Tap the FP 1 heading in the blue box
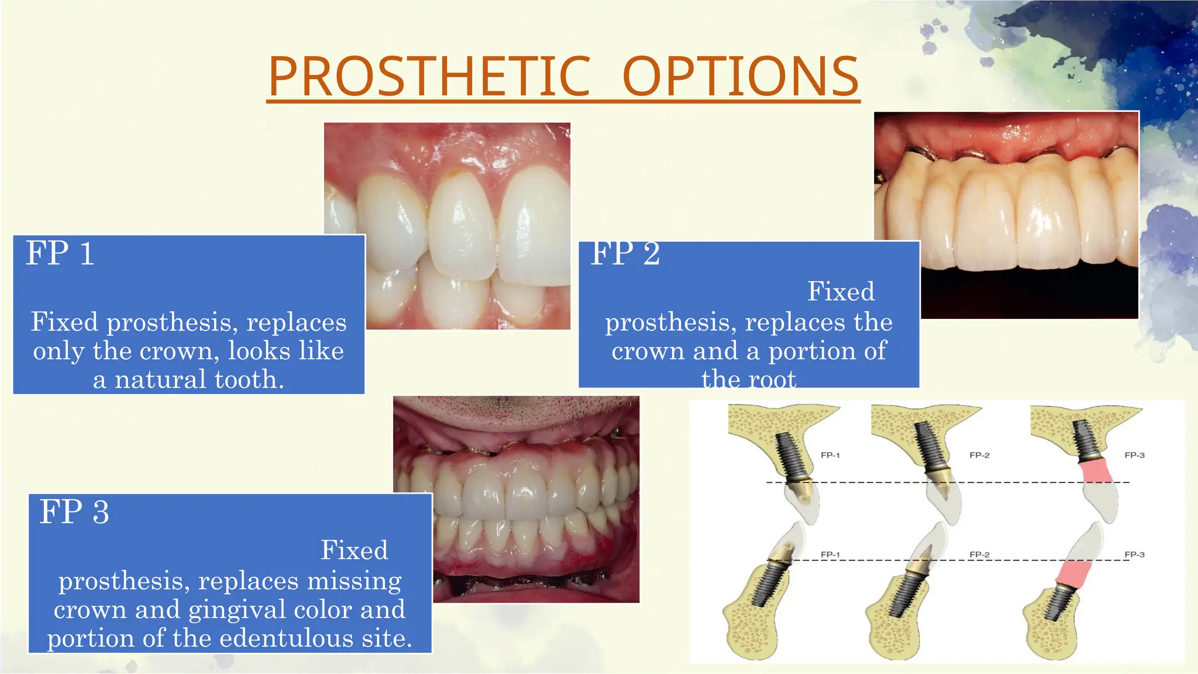(x=60, y=254)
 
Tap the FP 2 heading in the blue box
(x=625, y=255)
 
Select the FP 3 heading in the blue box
(x=74, y=512)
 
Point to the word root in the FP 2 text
(x=771, y=380)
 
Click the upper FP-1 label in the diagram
(x=830, y=455)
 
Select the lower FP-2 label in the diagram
(x=979, y=555)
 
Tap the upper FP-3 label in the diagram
(x=1134, y=455)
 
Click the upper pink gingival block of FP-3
(x=1095, y=472)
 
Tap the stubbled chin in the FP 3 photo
(x=515, y=410)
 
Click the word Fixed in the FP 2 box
(x=841, y=292)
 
